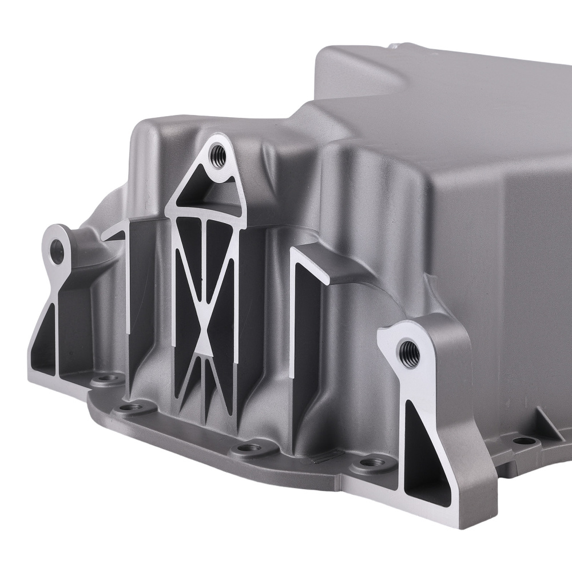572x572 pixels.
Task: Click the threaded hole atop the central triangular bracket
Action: pos(217,153)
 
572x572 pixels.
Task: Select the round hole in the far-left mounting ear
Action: pos(58,252)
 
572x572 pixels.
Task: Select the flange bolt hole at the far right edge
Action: pos(522,440)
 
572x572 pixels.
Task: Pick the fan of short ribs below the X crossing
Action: pos(204,378)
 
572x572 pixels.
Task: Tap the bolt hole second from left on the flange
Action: pos(133,407)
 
